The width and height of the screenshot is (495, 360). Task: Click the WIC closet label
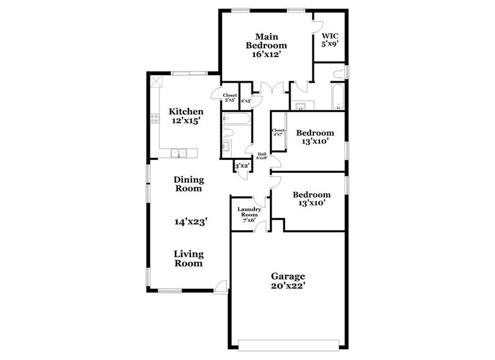[x=330, y=36]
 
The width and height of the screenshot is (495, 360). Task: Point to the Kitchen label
[x=186, y=112]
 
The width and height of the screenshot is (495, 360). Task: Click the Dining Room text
[x=188, y=184]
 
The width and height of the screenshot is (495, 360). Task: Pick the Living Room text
[x=188, y=259]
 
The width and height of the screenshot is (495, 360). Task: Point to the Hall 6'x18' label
[x=262, y=156]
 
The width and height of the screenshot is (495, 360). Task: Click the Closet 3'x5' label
[x=229, y=97]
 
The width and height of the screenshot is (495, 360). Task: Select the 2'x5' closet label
[x=246, y=100]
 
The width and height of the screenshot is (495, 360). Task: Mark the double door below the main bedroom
[x=270, y=87]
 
